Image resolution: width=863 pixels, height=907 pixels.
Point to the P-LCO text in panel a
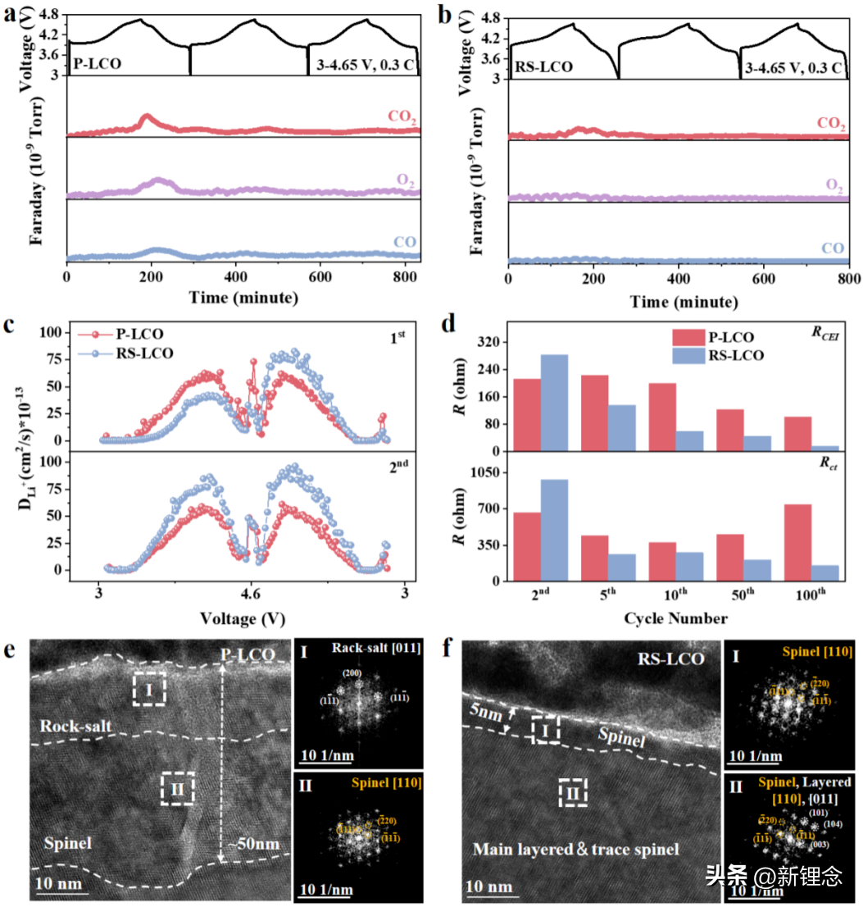(97, 62)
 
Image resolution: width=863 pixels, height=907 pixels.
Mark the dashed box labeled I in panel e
(149, 689)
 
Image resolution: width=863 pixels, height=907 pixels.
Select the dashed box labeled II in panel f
(573, 793)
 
